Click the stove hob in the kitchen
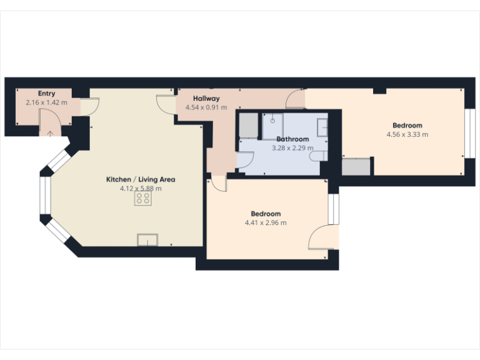pos(143,198)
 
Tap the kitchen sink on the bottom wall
pos(148,239)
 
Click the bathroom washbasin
pos(323,127)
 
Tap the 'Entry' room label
pos(46,94)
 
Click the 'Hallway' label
pos(206,99)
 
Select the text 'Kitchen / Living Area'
pos(141,179)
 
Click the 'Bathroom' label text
pos(292,139)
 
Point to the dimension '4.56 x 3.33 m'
pos(407,134)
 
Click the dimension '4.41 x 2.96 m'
pos(266,222)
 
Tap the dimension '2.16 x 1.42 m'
pos(46,102)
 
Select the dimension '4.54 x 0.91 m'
pos(206,107)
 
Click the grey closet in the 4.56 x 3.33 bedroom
pos(356,166)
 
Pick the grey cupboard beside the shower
pos(247,125)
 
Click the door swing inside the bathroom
pos(244,161)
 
